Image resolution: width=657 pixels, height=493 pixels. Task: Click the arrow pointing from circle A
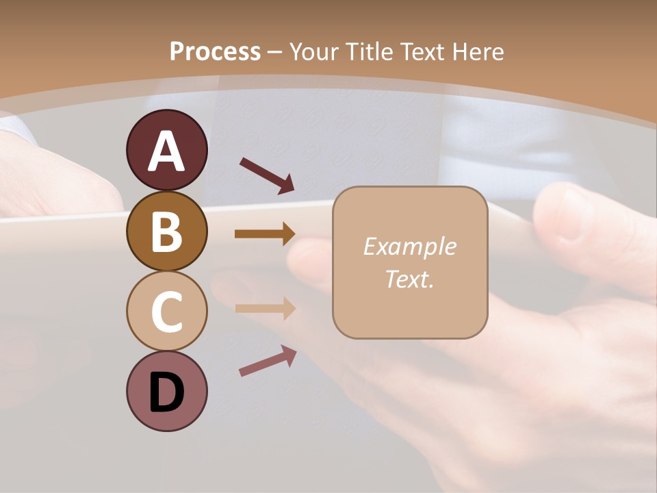[x=267, y=175]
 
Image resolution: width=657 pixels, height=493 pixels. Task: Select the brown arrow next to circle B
[x=265, y=234]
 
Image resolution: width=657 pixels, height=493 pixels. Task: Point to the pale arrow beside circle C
[x=265, y=308]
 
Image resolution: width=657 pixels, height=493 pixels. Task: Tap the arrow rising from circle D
[x=268, y=362]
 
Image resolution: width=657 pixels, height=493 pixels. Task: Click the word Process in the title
[x=215, y=52]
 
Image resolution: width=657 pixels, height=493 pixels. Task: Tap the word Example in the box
[x=409, y=246]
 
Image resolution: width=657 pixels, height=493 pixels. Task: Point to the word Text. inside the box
[x=409, y=279]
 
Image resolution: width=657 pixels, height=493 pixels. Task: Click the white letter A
[x=166, y=152]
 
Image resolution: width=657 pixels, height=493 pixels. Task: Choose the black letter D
[x=166, y=393]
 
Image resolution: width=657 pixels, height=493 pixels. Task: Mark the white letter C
[x=166, y=312]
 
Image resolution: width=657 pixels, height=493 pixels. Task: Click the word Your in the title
[x=315, y=52]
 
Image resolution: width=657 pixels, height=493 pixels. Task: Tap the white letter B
[x=166, y=231]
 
